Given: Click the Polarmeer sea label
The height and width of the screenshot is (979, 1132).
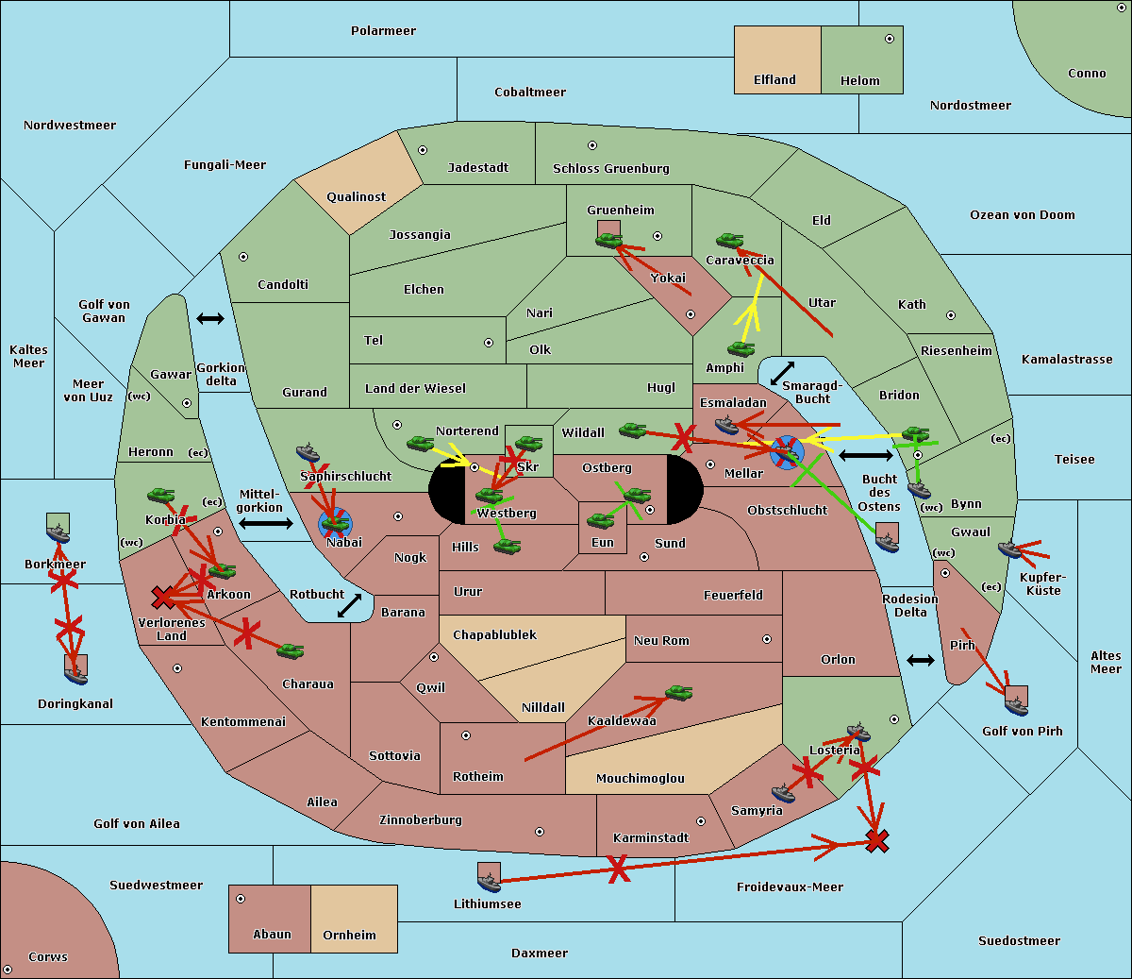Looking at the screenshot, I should pyautogui.click(x=383, y=31).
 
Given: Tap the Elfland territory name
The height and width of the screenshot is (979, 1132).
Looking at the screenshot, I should pyautogui.click(x=774, y=80).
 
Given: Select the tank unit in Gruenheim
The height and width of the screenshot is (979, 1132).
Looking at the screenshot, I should pyautogui.click(x=608, y=240).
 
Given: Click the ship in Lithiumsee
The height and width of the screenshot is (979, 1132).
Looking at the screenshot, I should pyautogui.click(x=489, y=882).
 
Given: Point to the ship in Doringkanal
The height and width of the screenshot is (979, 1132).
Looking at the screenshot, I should pyautogui.click(x=75, y=674).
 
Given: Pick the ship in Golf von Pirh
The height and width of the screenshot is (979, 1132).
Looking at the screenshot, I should pyautogui.click(x=1016, y=704).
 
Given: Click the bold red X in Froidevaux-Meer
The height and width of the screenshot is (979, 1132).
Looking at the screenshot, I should pyautogui.click(x=877, y=840).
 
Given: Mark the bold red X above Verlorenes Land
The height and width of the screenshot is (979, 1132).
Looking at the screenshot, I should pyautogui.click(x=163, y=597).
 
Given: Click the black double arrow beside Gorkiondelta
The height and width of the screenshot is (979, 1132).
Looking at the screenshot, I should pyautogui.click(x=209, y=318).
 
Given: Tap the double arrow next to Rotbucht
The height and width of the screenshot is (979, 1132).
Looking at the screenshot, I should pyautogui.click(x=350, y=605).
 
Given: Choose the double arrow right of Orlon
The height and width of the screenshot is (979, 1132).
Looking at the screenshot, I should pyautogui.click(x=921, y=660).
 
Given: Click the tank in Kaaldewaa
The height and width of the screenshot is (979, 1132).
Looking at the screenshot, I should pyautogui.click(x=678, y=693).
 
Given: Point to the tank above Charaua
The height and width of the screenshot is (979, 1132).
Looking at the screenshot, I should pyautogui.click(x=290, y=650).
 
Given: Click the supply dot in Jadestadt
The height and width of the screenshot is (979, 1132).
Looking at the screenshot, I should pyautogui.click(x=423, y=150).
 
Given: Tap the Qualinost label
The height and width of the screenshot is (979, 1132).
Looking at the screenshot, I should pyautogui.click(x=356, y=197).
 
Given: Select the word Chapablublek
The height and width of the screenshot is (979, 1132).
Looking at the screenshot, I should pyautogui.click(x=494, y=635).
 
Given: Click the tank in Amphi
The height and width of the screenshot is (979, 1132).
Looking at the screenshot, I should pyautogui.click(x=741, y=349).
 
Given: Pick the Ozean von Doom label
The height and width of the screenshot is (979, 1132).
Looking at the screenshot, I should pyautogui.click(x=1022, y=215).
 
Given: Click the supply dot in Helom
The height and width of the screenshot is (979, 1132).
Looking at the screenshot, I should pyautogui.click(x=889, y=39).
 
